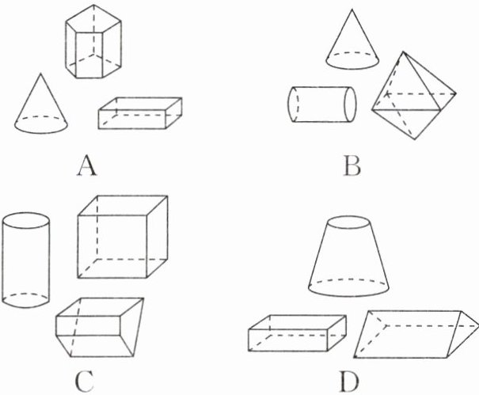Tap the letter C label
[x=88, y=382]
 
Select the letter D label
[x=349, y=382]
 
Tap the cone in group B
[x=353, y=44]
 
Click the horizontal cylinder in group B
[x=321, y=104]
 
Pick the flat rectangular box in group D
[x=298, y=332]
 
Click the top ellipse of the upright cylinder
[x=28, y=219]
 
